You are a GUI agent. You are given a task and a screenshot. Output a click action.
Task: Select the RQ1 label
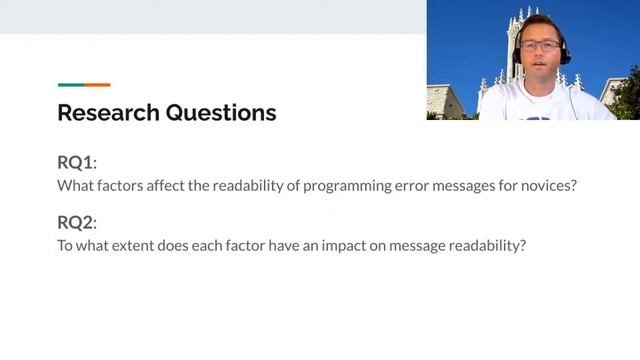[77, 163]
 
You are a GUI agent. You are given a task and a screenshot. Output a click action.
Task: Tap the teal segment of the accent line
[71, 85]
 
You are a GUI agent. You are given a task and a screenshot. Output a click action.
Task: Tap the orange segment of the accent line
[98, 85]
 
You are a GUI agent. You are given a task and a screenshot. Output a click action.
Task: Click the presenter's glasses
[541, 44]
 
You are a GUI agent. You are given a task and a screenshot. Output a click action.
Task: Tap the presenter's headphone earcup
[565, 54]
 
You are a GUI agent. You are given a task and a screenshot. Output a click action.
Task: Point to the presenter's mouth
[541, 66]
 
